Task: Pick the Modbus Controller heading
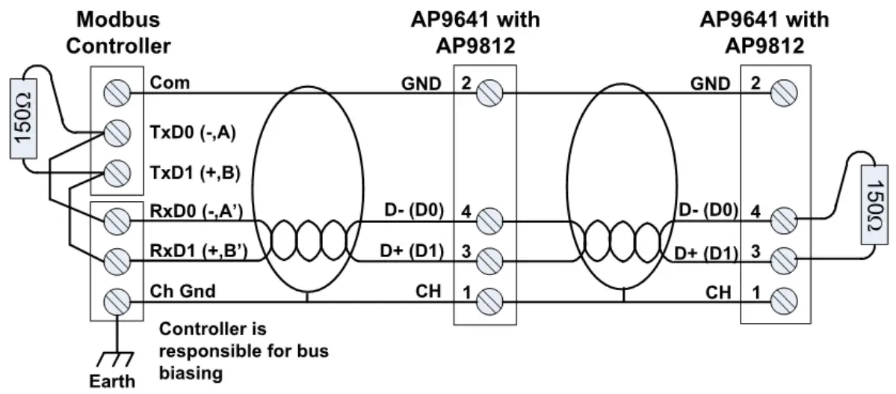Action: [x=118, y=32]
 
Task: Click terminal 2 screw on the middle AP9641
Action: [x=486, y=93]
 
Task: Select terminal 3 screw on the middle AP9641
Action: [x=486, y=260]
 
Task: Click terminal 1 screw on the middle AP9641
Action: [x=486, y=303]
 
